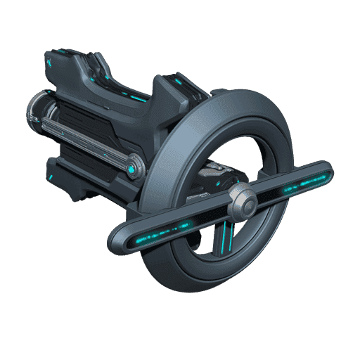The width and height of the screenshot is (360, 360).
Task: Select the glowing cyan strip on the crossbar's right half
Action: point(302,182)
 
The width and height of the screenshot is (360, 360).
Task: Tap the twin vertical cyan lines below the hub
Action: point(226,236)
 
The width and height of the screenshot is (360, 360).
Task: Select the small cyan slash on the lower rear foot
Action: point(54,172)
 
